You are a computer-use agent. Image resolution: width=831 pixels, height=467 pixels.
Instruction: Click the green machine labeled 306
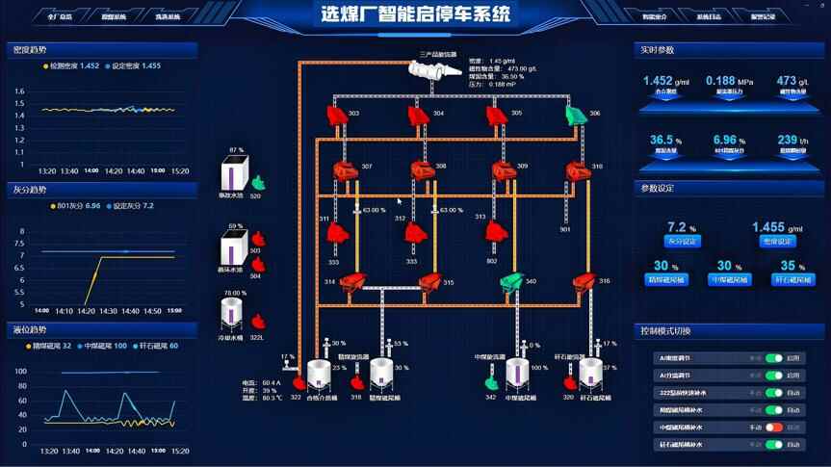[x=575, y=116]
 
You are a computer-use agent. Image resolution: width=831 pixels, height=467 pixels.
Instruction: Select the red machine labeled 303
[x=335, y=116]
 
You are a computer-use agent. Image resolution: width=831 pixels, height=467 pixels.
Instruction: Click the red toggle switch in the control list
[x=774, y=428]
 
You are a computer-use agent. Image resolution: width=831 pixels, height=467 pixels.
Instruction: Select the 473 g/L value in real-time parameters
[x=792, y=82]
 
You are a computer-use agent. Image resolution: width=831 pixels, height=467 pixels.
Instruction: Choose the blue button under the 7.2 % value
[x=683, y=241]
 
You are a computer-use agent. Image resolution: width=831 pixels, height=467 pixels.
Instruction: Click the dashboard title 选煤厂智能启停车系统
[x=416, y=13]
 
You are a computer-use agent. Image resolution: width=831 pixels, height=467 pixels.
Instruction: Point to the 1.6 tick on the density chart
[x=18, y=91]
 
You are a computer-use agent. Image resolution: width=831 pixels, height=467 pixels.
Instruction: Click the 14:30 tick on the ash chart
[x=108, y=311]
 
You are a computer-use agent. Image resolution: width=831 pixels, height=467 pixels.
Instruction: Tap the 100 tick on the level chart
[x=20, y=371]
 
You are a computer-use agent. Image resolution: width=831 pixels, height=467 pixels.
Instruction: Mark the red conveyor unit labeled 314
[x=352, y=282]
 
